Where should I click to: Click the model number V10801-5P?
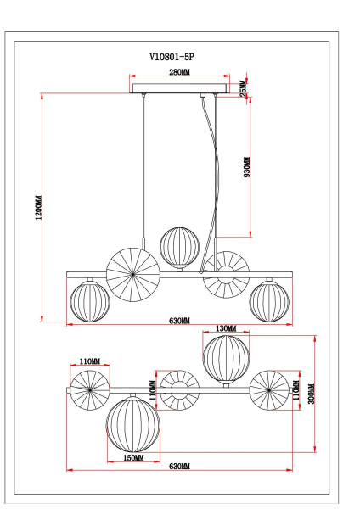[x=178, y=58]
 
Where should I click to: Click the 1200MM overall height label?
[x=38, y=208]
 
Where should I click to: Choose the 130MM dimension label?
[x=226, y=327]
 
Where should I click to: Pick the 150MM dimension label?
[x=133, y=457]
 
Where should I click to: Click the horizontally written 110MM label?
[x=89, y=361]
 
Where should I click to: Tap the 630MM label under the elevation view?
[x=179, y=321]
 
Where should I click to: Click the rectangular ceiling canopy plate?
[x=180, y=88]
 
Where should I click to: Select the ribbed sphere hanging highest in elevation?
[x=179, y=245]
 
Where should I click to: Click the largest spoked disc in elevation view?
[x=133, y=273]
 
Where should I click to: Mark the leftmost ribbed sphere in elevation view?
[x=89, y=301]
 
